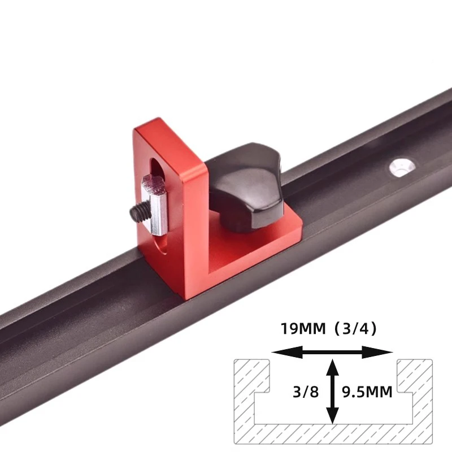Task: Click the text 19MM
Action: click(299, 328)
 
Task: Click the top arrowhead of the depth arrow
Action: click(333, 367)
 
